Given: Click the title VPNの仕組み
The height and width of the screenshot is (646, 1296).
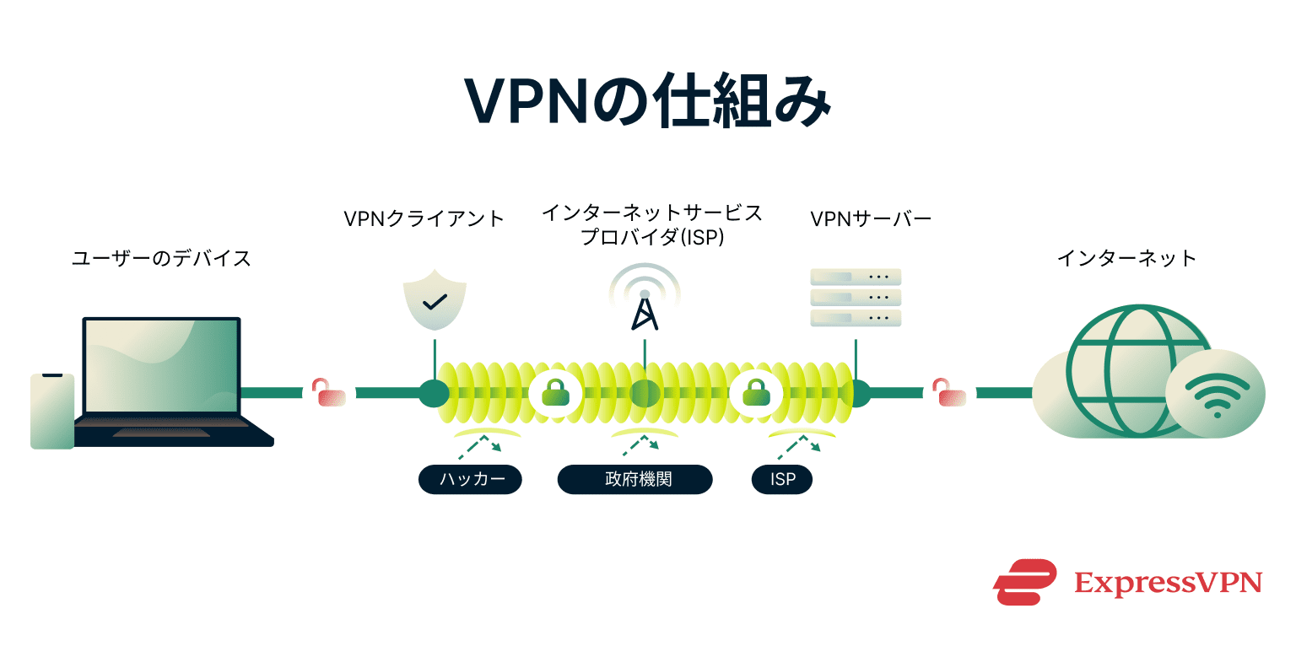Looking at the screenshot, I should pos(648,103).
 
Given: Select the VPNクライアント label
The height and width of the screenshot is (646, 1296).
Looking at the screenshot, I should pos(424,219).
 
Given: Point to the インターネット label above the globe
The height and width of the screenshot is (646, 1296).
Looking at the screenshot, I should pos(1126,258).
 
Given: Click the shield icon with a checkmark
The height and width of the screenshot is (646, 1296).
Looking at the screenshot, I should pos(434,300).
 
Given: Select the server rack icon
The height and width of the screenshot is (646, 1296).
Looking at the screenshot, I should pos(856,298).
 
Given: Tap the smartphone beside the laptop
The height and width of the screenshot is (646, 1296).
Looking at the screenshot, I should pos(52,411).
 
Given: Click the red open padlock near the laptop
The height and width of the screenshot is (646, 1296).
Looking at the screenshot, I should pos(329,392).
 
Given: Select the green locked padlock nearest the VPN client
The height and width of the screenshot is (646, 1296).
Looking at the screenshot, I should pos(554,392).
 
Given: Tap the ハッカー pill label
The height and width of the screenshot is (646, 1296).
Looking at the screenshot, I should pos(471,480).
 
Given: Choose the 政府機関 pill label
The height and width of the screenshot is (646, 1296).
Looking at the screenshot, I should pos(635,480).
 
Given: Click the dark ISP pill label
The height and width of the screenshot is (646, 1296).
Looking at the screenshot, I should pos(782,480).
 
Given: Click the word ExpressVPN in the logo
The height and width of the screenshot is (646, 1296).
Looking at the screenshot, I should pos(1168,583).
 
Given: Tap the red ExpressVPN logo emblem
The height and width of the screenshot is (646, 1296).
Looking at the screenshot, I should pos(1024,582).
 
